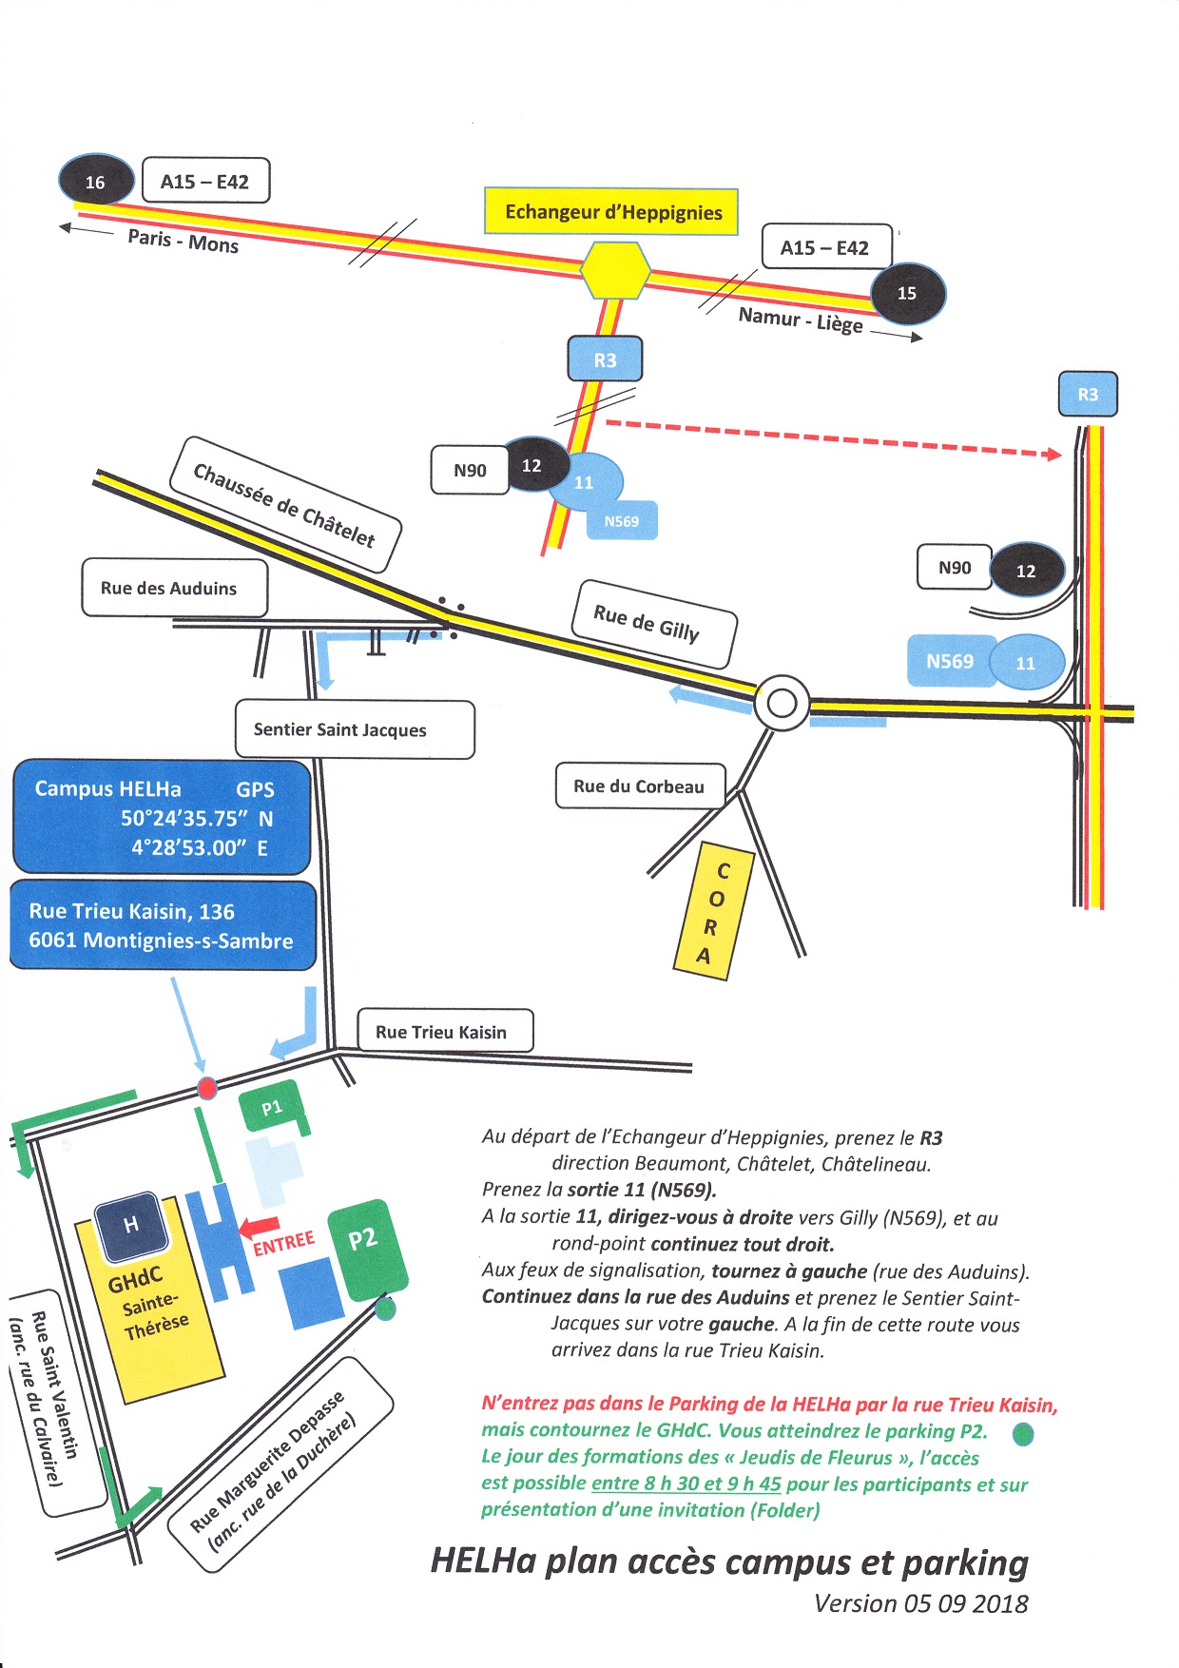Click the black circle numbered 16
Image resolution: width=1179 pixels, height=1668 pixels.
click(x=96, y=181)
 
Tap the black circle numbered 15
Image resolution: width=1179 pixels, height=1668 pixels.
click(x=908, y=293)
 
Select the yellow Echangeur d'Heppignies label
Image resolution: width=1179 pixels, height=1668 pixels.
click(x=612, y=211)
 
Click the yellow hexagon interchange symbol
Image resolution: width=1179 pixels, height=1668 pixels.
click(x=615, y=270)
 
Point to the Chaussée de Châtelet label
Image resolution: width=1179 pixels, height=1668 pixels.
click(x=284, y=505)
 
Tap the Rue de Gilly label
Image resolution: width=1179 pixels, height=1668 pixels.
click(x=653, y=623)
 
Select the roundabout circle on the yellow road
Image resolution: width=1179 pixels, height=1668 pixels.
click(x=782, y=704)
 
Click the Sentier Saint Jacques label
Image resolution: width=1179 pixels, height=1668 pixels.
click(x=354, y=729)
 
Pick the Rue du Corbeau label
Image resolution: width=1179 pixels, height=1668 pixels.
click(x=640, y=786)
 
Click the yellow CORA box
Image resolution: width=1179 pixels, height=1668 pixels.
click(x=714, y=911)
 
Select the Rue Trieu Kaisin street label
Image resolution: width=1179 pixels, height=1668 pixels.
click(x=444, y=1032)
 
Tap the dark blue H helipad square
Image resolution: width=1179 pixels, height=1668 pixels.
click(x=131, y=1225)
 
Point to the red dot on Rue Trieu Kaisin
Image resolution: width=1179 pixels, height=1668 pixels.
click(x=206, y=1088)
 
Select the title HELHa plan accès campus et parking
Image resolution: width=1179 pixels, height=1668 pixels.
click(x=729, y=1562)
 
